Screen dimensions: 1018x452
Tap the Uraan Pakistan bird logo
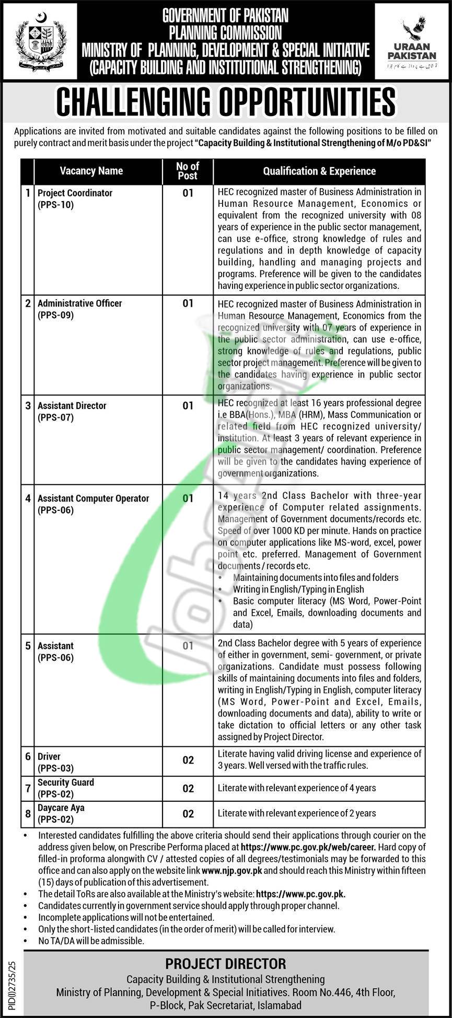pyautogui.click(x=413, y=31)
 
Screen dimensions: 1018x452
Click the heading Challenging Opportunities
pyautogui.click(x=226, y=102)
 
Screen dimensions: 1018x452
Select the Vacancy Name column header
pyautogui.click(x=91, y=171)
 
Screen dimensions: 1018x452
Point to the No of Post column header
pyautogui.click(x=188, y=171)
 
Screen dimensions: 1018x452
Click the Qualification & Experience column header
pyautogui.click(x=319, y=171)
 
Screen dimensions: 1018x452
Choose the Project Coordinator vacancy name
pyautogui.click(x=75, y=193)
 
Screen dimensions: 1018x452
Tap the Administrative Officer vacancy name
pyautogui.click(x=79, y=303)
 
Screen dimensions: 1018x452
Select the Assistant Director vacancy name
pyautogui.click(x=72, y=405)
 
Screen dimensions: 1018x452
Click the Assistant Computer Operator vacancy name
pyautogui.click(x=93, y=498)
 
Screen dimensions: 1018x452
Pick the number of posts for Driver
pyautogui.click(x=188, y=760)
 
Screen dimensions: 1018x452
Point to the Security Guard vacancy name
pyautogui.click(x=66, y=782)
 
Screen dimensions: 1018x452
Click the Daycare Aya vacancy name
pyautogui.click(x=61, y=808)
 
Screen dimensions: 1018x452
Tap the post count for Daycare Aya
pyautogui.click(x=188, y=814)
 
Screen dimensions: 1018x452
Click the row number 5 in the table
pyautogui.click(x=28, y=646)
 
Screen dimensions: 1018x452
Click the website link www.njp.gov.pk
pyautogui.click(x=231, y=871)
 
